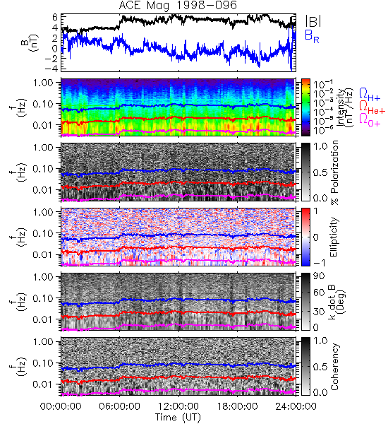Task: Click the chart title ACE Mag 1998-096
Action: click(178, 5)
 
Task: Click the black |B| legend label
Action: click(313, 20)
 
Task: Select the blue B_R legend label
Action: click(312, 36)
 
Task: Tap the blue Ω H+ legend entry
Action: click(370, 95)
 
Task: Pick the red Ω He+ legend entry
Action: click(372, 107)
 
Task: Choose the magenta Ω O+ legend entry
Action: click(370, 120)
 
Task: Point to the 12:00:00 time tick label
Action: click(178, 406)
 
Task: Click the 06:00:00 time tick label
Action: click(120, 406)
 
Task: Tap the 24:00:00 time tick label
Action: click(296, 406)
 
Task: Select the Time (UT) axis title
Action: click(178, 418)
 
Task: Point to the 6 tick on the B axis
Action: click(55, 18)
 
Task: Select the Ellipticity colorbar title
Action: click(334, 237)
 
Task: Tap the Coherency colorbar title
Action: click(334, 367)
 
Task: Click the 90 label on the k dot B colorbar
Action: click(319, 276)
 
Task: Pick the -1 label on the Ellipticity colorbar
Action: click(319, 262)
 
